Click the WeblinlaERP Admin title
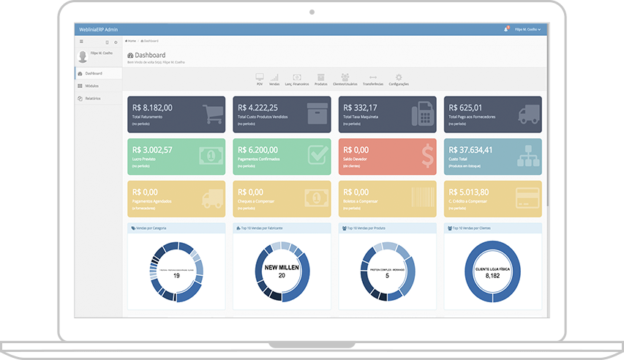(97, 29)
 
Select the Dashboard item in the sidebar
(93, 74)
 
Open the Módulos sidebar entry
(92, 86)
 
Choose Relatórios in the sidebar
(92, 98)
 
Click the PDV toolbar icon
(260, 77)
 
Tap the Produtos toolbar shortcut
(320, 77)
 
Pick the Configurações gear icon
(399, 77)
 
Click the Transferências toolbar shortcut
(373, 77)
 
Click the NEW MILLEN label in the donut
(282, 267)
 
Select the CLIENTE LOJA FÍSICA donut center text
(493, 268)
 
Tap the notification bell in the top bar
(505, 29)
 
